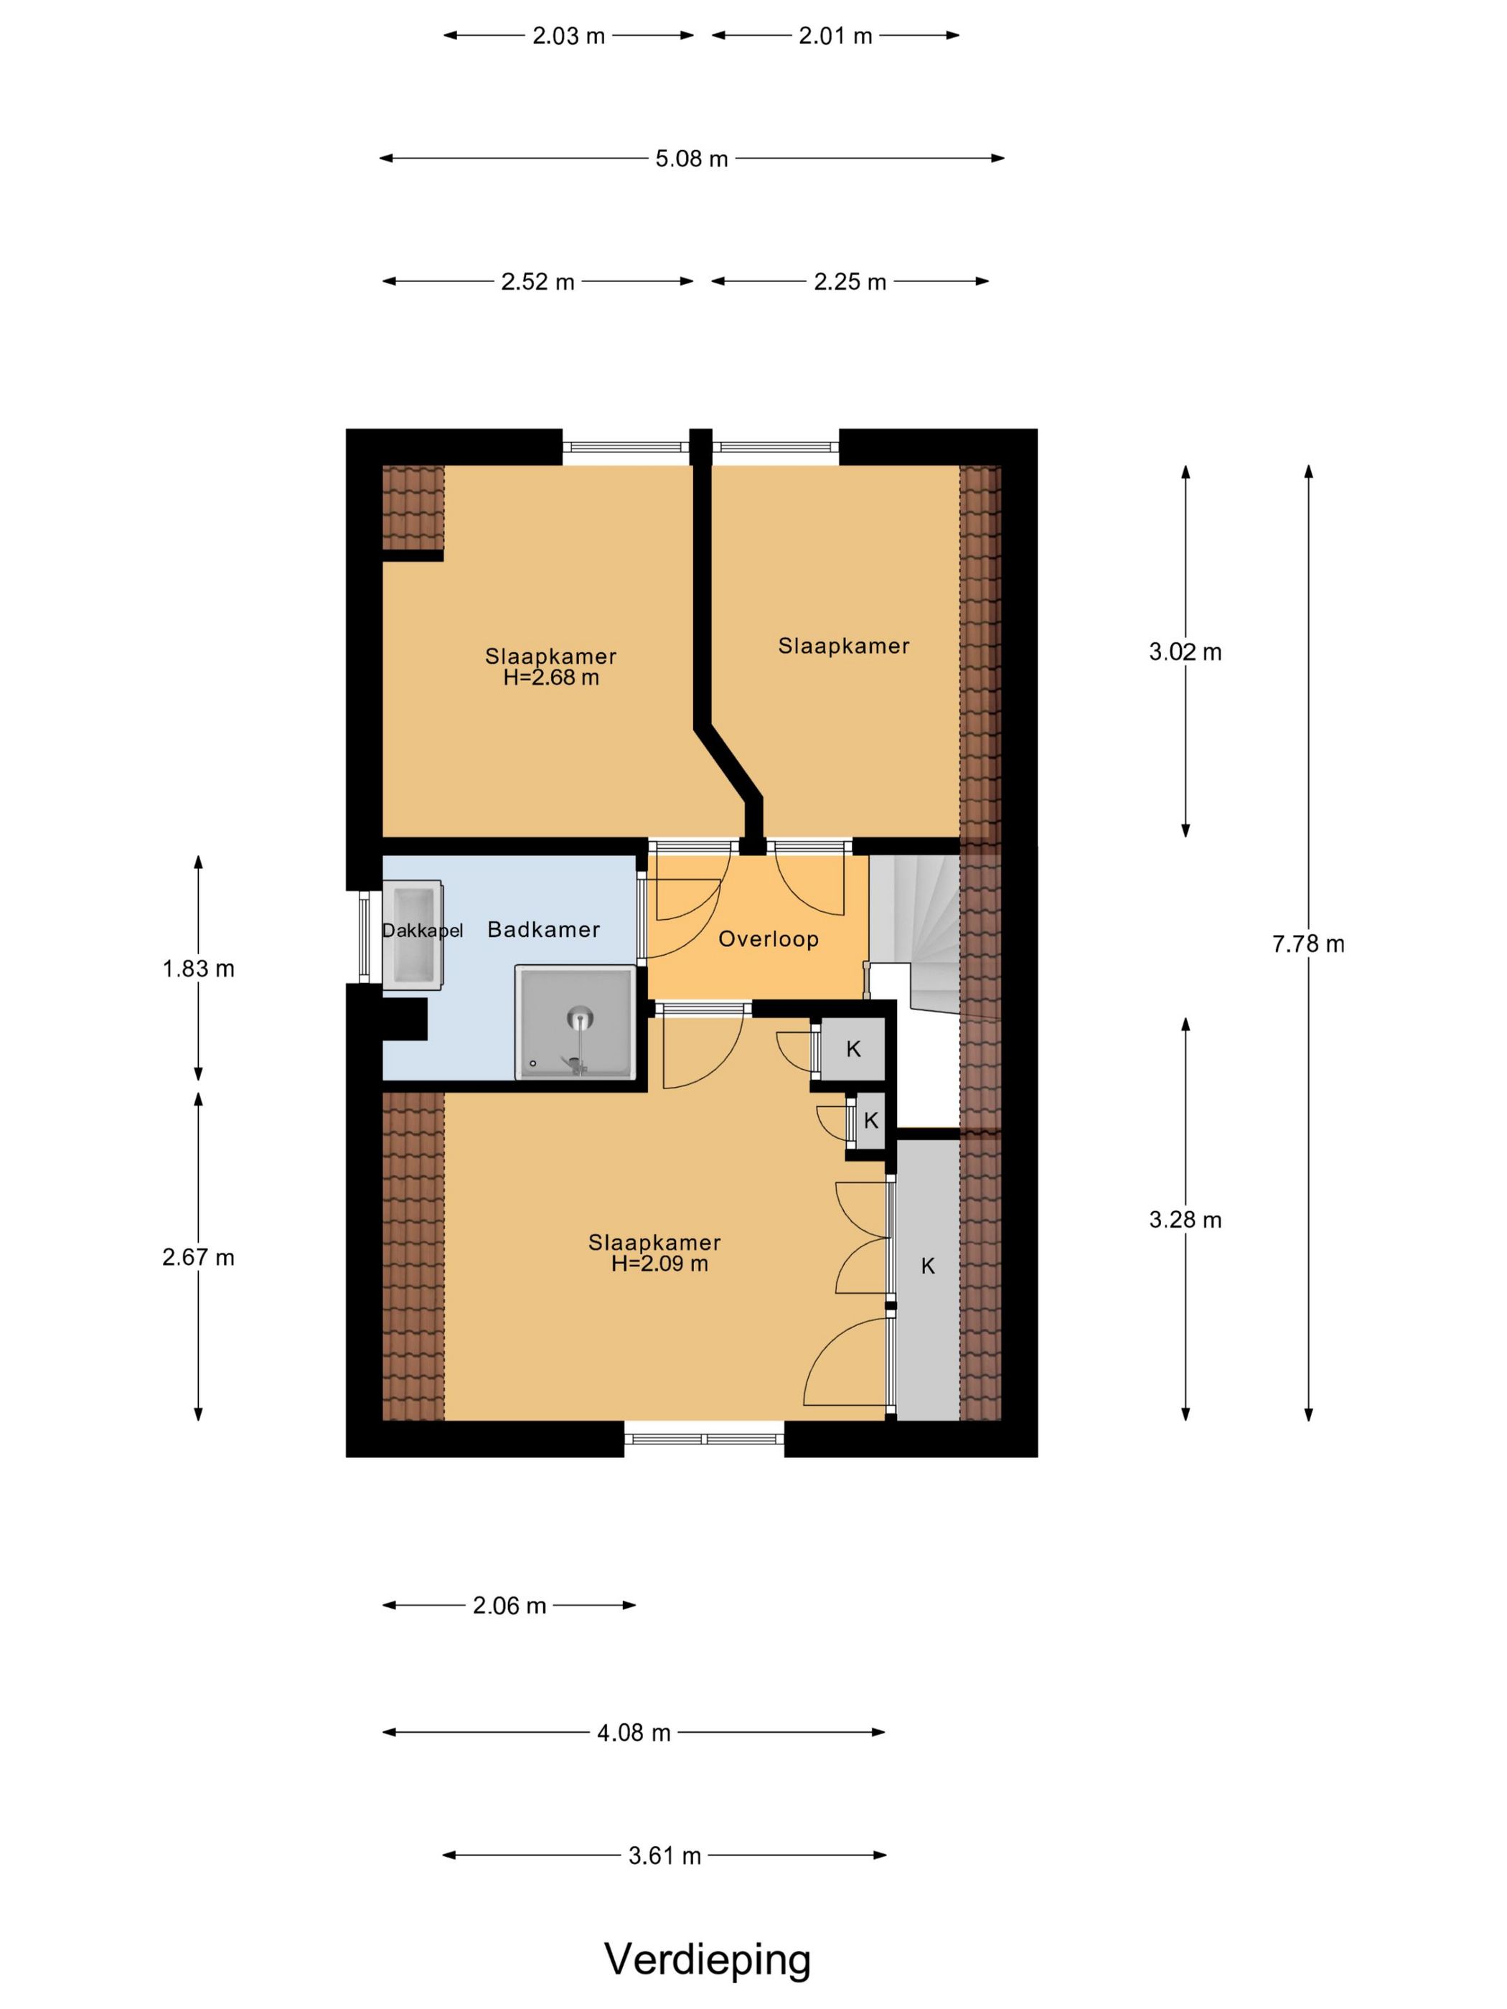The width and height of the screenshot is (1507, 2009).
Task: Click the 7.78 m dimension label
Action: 1308,944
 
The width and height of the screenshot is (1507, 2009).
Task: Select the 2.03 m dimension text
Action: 568,37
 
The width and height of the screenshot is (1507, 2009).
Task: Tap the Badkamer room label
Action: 543,929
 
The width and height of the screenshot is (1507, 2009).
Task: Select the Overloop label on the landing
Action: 769,939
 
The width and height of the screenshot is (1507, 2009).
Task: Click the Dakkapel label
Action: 423,930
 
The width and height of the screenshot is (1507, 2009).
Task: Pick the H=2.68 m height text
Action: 551,677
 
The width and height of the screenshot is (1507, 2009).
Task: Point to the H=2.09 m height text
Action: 659,1264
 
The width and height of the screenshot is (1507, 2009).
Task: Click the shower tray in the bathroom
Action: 574,1022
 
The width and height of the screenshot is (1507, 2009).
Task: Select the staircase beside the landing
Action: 915,936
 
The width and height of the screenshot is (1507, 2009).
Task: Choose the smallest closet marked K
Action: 870,1121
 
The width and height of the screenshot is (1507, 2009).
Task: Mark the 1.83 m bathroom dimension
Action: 198,969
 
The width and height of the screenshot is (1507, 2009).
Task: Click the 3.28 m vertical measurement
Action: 1185,1220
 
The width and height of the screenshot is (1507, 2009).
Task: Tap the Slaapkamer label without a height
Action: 843,646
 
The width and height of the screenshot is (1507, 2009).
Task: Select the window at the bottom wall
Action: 704,1439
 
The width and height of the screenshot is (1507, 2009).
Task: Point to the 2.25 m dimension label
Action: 850,283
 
